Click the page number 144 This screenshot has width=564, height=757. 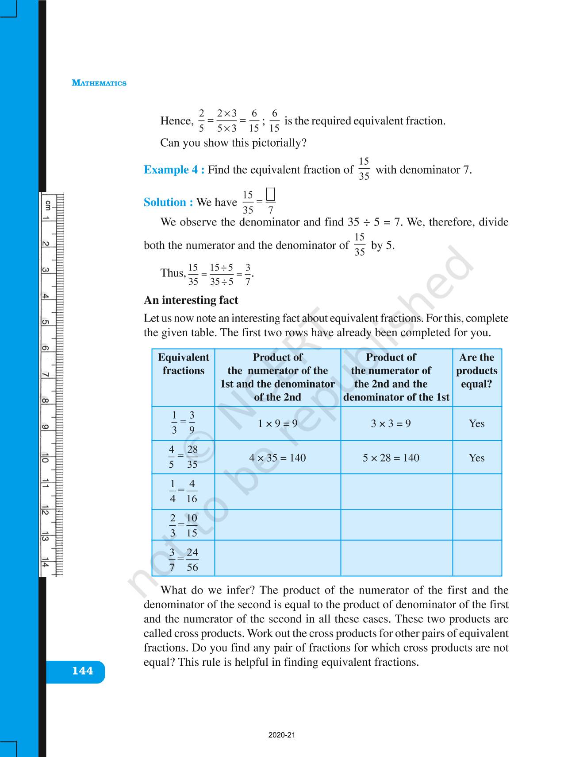(83, 671)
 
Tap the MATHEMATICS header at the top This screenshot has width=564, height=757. (99, 83)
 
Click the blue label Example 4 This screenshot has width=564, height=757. (174, 170)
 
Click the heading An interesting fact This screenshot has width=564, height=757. (191, 300)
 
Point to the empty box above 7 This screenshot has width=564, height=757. (271, 194)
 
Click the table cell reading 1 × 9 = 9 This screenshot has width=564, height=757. (277, 423)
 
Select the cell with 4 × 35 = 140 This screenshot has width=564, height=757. (277, 458)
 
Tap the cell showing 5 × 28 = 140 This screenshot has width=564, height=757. (391, 458)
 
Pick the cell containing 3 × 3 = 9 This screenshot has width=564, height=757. (391, 423)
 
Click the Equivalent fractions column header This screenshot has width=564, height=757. (183, 364)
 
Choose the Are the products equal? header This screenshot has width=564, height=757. (477, 371)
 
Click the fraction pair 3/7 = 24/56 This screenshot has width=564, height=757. (183, 559)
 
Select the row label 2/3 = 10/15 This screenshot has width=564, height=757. (183, 525)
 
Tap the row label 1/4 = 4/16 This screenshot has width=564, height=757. (183, 491)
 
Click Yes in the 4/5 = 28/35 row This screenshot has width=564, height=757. (477, 458)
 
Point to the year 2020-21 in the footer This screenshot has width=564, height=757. (282, 735)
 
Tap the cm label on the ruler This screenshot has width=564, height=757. (47, 205)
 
